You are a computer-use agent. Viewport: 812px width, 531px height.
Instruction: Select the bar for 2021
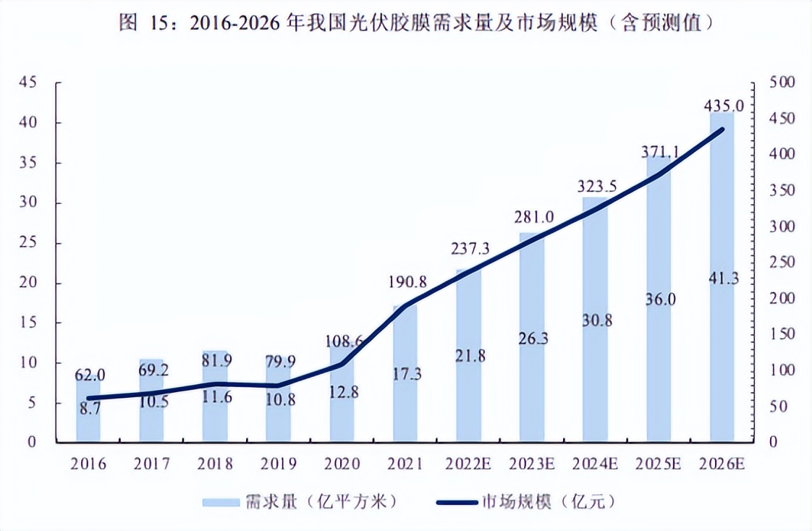point(405,405)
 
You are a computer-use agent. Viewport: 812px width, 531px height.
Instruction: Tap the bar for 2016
point(88,423)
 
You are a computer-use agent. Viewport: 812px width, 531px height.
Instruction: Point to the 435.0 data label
point(722,106)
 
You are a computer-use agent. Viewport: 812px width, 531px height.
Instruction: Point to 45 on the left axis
point(28,82)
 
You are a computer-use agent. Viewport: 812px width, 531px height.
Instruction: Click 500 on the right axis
point(782,83)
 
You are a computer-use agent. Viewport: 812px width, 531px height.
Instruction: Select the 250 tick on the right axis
point(782,263)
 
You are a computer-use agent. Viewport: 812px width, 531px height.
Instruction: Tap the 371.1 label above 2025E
point(659,152)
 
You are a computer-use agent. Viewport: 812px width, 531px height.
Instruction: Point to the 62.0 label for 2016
point(90,375)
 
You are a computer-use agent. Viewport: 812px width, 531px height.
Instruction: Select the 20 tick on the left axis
point(28,283)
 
